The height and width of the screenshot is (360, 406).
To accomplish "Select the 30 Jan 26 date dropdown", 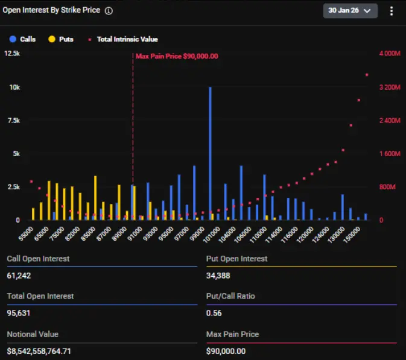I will (350, 11).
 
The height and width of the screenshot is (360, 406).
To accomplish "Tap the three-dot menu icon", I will (392, 11).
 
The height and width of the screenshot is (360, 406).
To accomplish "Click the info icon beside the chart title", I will (109, 11).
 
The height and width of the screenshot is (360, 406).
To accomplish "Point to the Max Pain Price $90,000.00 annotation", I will (176, 56).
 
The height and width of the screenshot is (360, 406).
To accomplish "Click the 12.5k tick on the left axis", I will (12, 54).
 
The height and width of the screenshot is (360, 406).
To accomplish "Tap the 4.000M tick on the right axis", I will (389, 54).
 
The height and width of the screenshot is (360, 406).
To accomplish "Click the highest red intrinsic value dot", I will (366, 75).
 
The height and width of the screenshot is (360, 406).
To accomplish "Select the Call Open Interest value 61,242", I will (19, 276).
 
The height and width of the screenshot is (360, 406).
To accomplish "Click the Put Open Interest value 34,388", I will (218, 276).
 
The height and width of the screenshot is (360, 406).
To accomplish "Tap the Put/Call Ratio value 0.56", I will (213, 313).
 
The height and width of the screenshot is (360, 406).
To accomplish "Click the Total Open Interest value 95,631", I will (19, 313).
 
